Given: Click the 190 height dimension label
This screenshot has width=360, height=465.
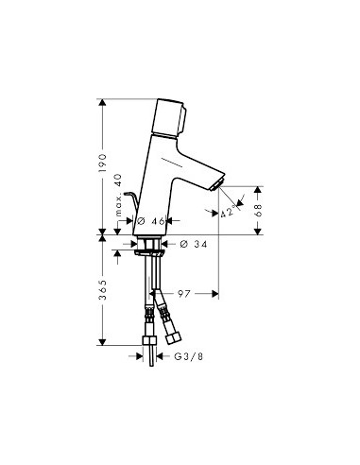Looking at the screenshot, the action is [x=102, y=163].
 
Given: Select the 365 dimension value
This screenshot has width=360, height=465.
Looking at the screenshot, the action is [x=102, y=289].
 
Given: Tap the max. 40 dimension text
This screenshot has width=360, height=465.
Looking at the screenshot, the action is [x=118, y=195].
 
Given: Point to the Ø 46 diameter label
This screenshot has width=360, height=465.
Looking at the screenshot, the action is [x=151, y=221].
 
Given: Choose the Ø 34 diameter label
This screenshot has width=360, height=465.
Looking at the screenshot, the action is [x=194, y=244].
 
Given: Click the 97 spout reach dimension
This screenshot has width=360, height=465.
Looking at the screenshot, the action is [x=184, y=294].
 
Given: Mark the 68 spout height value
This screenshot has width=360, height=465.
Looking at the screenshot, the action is [x=258, y=211].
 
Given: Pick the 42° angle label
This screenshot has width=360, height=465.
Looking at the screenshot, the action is [x=228, y=212].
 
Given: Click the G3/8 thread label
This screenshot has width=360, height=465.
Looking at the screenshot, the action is [x=189, y=356].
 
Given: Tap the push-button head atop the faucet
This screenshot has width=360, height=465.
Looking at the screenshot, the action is [x=169, y=117].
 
